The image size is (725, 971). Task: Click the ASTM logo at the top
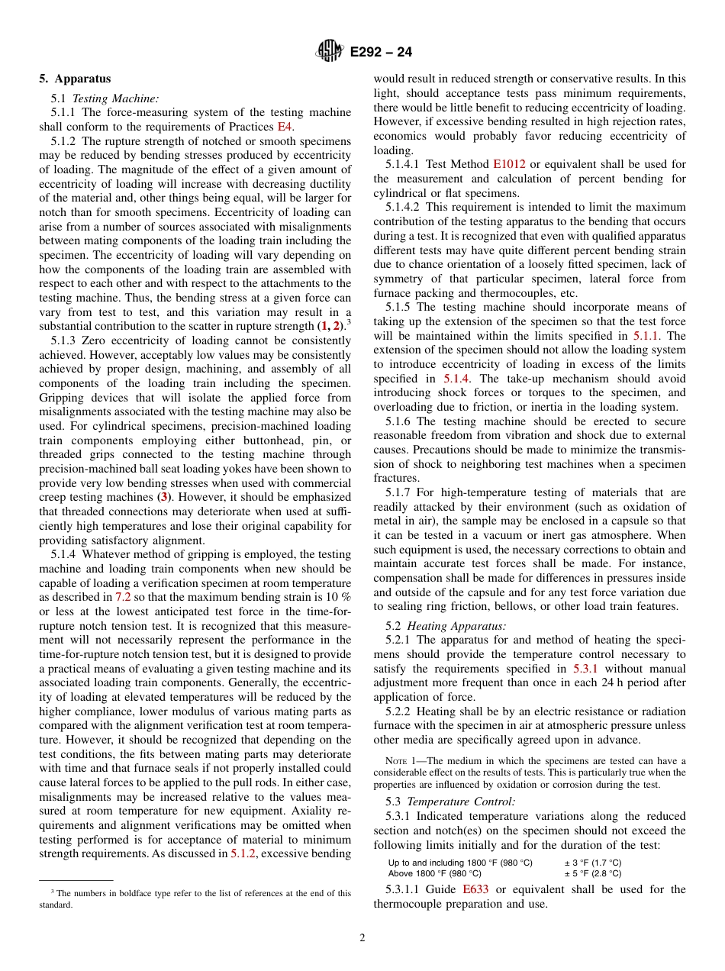pos(329,52)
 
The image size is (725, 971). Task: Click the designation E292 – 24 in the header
pos(381,53)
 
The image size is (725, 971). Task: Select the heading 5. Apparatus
pos(75,79)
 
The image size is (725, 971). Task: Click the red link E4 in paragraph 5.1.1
pos(285,127)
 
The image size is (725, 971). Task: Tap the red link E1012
pos(508,164)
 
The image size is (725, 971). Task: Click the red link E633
pos(475,889)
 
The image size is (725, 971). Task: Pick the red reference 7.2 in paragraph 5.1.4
pos(123,597)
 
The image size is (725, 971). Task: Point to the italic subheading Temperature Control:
pos(461,802)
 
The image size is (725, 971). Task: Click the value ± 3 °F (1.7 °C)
pos(592,863)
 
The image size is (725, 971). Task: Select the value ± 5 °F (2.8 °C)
pos(592,873)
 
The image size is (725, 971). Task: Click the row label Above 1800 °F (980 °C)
pos(434,873)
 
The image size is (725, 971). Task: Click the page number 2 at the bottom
pos(362,938)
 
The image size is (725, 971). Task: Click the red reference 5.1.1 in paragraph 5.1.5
pos(647,336)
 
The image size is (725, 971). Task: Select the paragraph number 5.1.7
pos(401,493)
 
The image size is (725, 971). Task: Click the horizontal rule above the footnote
pos(76,879)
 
